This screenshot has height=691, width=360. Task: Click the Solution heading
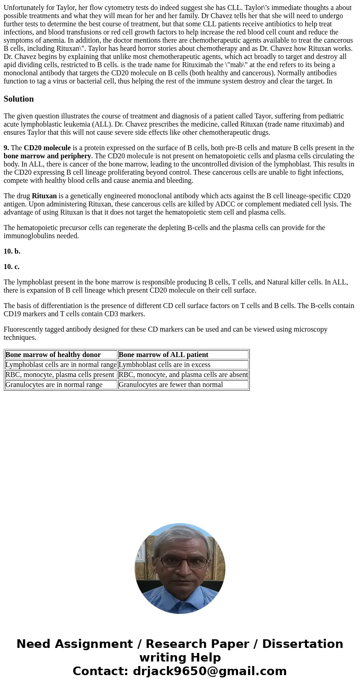(19, 99)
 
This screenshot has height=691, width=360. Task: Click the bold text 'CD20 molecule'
(47, 148)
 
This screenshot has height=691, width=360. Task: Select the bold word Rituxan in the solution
(44, 196)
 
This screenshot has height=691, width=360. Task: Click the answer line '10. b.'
(12, 251)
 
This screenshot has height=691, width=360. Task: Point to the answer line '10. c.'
(12, 267)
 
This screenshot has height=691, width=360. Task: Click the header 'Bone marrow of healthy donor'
(53, 355)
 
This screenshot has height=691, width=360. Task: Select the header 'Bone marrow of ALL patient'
(163, 355)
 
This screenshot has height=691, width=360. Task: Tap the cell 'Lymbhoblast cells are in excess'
(164, 365)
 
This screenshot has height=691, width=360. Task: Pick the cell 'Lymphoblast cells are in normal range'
(61, 365)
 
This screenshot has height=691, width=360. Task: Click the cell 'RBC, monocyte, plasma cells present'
(60, 375)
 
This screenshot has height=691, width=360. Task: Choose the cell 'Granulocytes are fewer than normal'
(170, 385)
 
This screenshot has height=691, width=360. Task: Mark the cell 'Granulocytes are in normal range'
(54, 385)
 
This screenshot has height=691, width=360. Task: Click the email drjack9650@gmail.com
(209, 671)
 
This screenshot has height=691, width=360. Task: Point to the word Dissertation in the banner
(302, 644)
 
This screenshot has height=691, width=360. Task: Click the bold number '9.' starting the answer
(6, 148)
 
